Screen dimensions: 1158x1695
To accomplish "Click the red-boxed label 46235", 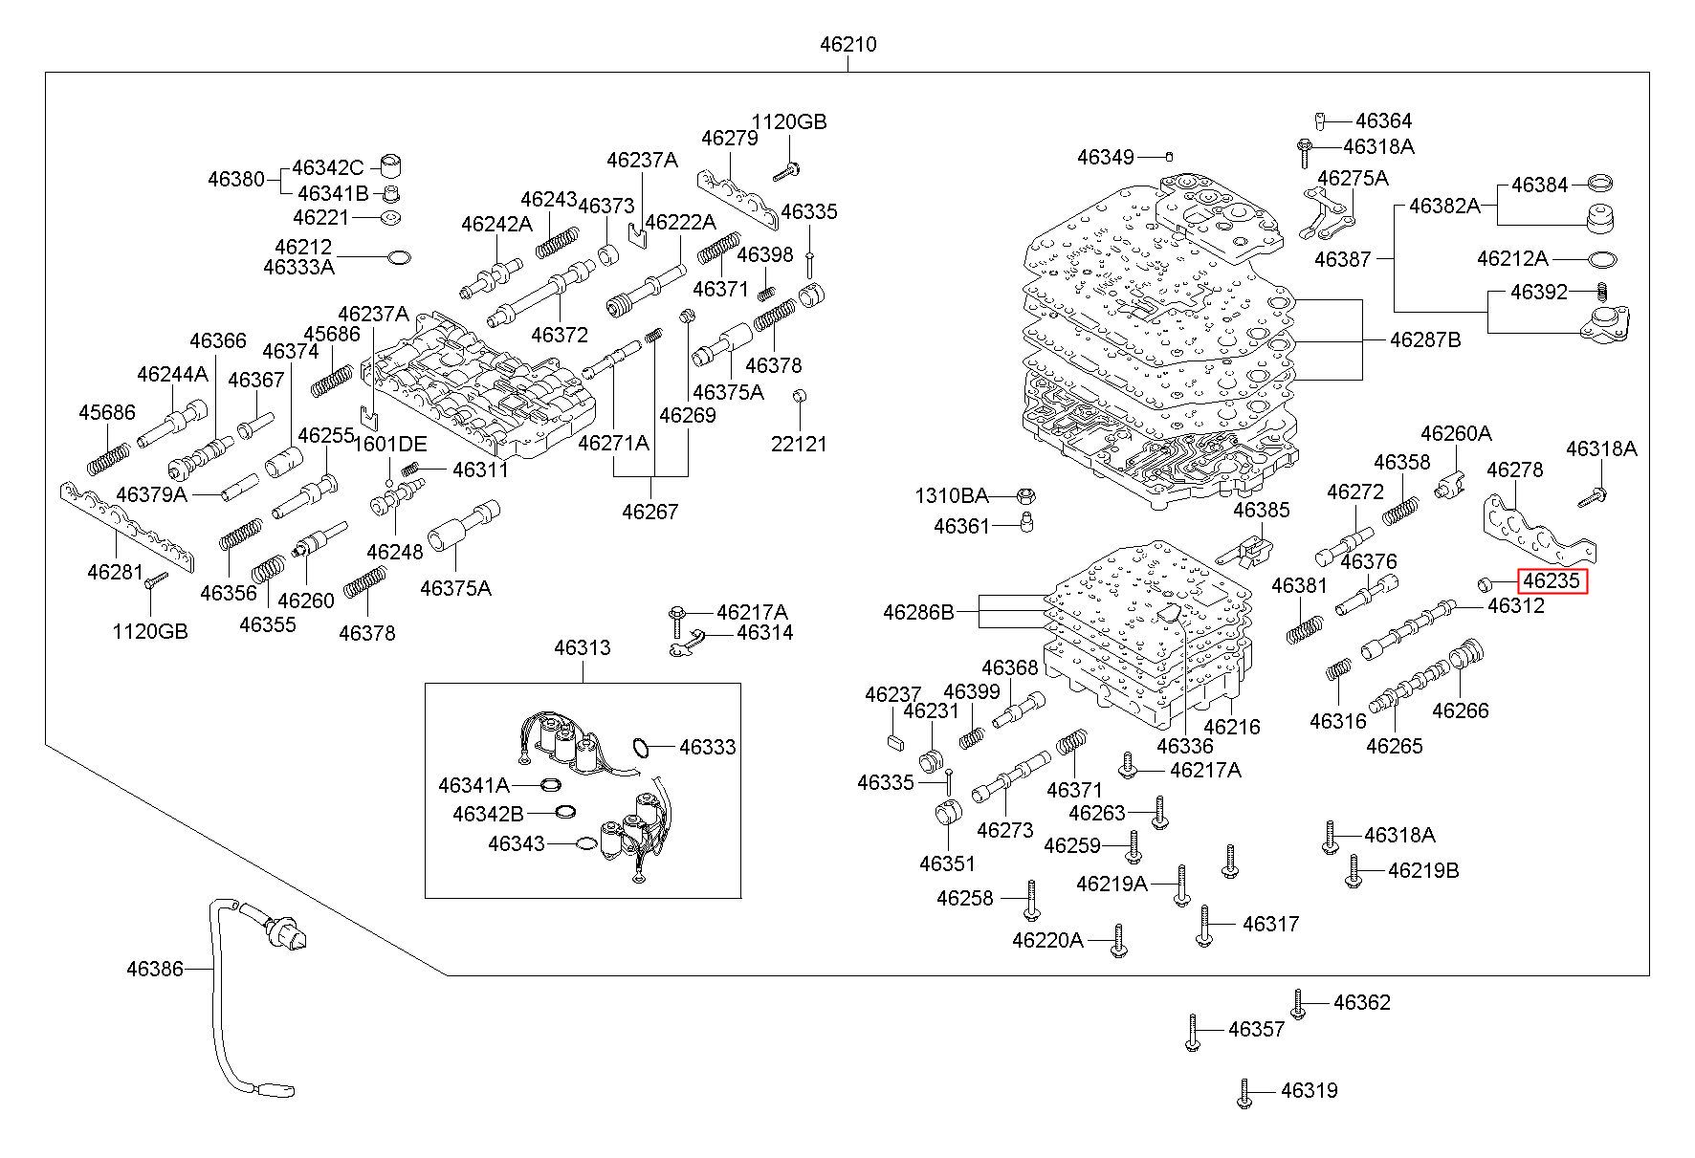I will pyautogui.click(x=1552, y=580).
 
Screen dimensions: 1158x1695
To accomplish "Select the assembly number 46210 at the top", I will pyautogui.click(x=847, y=44).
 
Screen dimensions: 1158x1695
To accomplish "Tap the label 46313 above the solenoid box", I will pyautogui.click(x=582, y=647).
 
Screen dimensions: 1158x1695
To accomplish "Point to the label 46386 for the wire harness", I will pyautogui.click(x=154, y=969).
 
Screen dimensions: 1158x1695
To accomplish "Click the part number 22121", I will pyautogui.click(x=799, y=444).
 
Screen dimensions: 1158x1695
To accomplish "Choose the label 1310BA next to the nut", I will pyautogui.click(x=951, y=495).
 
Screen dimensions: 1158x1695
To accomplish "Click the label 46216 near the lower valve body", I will pyautogui.click(x=1231, y=727).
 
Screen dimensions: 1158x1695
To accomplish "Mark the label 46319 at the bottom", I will pyautogui.click(x=1309, y=1090).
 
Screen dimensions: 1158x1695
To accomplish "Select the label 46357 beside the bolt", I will pyautogui.click(x=1256, y=1029).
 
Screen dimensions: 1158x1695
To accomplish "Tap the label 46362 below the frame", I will pyautogui.click(x=1361, y=1002).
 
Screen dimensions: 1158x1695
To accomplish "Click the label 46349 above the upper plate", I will pyautogui.click(x=1105, y=157).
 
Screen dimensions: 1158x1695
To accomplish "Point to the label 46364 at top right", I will pyautogui.click(x=1383, y=120).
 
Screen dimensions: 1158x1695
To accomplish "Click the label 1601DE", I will pyautogui.click(x=389, y=444).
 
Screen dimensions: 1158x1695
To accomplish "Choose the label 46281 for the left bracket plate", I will pyautogui.click(x=115, y=572).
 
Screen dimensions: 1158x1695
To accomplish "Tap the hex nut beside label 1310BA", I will pyautogui.click(x=1023, y=496).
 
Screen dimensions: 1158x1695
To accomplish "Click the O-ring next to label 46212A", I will pyautogui.click(x=1602, y=259).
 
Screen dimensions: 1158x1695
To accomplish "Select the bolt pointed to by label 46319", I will pyautogui.click(x=1244, y=1094).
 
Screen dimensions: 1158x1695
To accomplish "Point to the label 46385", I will pyautogui.click(x=1261, y=511).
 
